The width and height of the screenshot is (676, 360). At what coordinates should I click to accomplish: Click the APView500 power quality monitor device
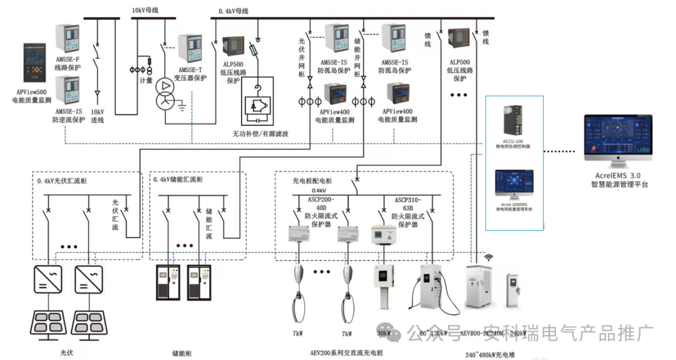click(x=36, y=63)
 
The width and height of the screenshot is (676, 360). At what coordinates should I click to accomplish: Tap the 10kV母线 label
click(x=146, y=11)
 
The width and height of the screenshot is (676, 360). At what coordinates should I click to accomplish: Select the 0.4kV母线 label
click(x=233, y=11)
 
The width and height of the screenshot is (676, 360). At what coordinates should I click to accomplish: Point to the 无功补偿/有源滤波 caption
click(x=261, y=134)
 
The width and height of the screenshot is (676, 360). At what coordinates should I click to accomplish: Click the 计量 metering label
click(x=146, y=80)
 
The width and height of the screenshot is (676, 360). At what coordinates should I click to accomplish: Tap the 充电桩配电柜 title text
click(x=312, y=181)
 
